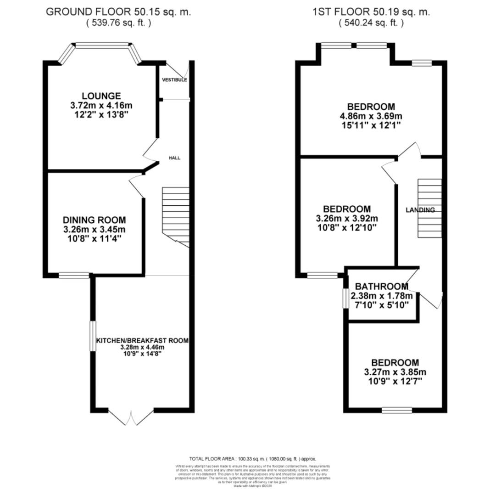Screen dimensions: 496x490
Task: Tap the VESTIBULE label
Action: [174, 80]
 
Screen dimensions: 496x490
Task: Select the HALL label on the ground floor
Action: [174, 158]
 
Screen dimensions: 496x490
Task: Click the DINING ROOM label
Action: [94, 220]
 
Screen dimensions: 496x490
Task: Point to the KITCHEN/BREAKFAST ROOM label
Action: [142, 341]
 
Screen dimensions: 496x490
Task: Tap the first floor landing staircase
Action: [429, 208]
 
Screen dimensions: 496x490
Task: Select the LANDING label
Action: [420, 210]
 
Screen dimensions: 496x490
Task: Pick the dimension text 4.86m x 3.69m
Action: [371, 116]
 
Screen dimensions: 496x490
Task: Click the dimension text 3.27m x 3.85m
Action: [395, 372]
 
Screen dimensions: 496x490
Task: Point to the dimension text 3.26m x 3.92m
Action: [347, 218]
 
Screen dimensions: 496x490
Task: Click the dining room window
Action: [74, 276]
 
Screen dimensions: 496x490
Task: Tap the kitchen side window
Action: [93, 336]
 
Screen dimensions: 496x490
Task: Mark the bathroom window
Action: [345, 298]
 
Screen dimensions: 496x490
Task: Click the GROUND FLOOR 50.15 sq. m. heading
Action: [118, 12]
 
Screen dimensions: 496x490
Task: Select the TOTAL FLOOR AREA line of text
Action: [252, 459]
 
